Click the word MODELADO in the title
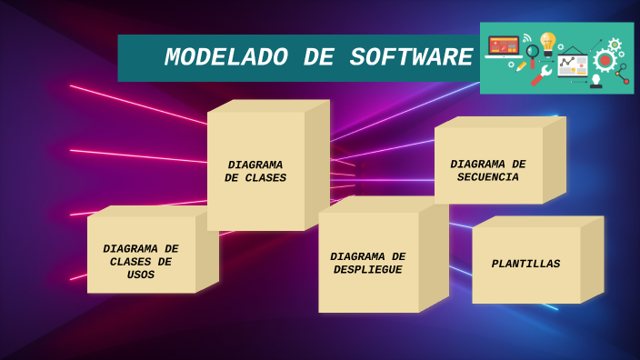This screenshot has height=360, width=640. click(227, 58)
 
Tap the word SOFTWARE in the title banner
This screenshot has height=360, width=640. click(411, 58)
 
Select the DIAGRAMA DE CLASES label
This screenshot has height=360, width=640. click(255, 172)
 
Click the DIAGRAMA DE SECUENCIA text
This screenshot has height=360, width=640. click(488, 171)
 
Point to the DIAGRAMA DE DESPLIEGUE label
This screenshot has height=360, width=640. click(367, 264)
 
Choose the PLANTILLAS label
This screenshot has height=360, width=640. click(525, 265)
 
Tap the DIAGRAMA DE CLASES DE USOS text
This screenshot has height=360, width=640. click(141, 262)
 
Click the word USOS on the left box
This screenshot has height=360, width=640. click(141, 275)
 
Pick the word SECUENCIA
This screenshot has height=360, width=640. click(488, 178)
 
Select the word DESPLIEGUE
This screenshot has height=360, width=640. click(367, 270)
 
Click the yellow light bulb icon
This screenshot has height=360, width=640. click(547, 42)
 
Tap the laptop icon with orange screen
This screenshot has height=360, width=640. click(503, 46)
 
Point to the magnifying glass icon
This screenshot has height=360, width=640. click(532, 53)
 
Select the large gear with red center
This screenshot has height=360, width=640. click(605, 61)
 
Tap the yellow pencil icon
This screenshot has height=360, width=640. click(521, 67)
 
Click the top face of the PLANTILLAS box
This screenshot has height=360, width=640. click(538, 222)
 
